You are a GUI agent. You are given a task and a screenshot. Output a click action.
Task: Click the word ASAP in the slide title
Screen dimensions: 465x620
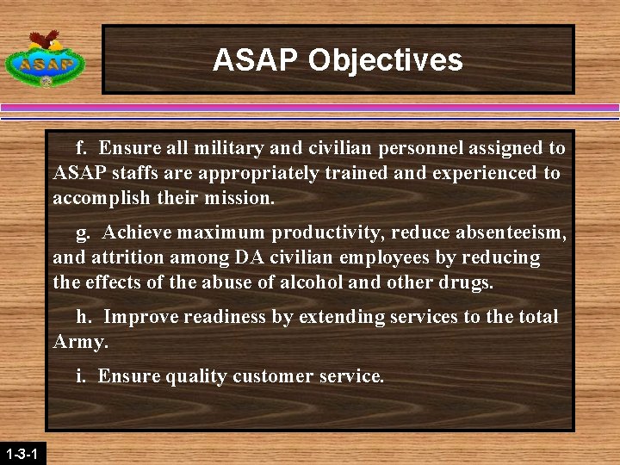[256, 60]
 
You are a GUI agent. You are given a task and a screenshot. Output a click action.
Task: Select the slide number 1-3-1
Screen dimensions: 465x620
[20, 453]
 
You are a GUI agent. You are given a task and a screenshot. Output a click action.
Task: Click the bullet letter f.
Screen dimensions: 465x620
[82, 148]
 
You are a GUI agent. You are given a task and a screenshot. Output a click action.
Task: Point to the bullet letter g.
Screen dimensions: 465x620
[83, 232]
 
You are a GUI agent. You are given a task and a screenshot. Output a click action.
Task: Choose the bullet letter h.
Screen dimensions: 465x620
[83, 317]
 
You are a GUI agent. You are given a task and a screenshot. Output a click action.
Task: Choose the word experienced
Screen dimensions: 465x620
[487, 173]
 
